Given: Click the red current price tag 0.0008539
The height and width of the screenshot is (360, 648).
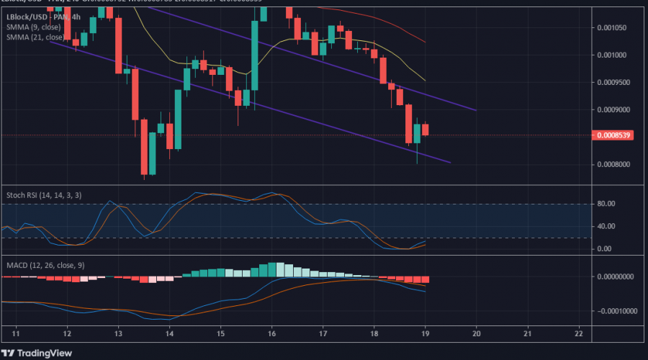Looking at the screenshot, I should (x=611, y=135).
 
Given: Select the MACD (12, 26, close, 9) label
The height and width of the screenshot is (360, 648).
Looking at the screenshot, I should (x=45, y=264).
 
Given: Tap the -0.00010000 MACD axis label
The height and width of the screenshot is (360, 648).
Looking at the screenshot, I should (x=615, y=312).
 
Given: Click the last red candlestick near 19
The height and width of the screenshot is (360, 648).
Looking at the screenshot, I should (x=426, y=130).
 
